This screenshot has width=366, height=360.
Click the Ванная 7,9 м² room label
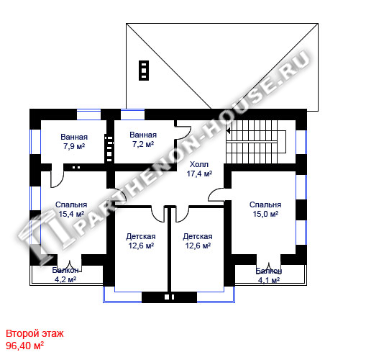(x=74, y=142)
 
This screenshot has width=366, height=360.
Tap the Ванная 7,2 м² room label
(x=143, y=140)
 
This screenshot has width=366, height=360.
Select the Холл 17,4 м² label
(x=199, y=169)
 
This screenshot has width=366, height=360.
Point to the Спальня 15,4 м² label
(x=71, y=210)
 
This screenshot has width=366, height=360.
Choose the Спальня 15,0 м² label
(x=265, y=210)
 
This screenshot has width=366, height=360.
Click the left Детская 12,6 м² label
(x=141, y=241)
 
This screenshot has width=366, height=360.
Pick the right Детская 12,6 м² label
(x=198, y=241)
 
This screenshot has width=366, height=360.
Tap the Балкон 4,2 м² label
(x=65, y=274)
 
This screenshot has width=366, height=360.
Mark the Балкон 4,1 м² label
(x=269, y=275)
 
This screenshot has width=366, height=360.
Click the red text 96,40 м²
(x=24, y=346)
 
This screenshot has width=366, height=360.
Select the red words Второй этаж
(x=35, y=333)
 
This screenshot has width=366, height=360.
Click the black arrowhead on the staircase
(x=229, y=131)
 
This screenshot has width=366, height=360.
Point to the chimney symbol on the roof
(x=144, y=71)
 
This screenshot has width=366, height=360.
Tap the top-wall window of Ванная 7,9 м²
(x=88, y=114)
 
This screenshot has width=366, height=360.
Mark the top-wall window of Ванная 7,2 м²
(x=132, y=114)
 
